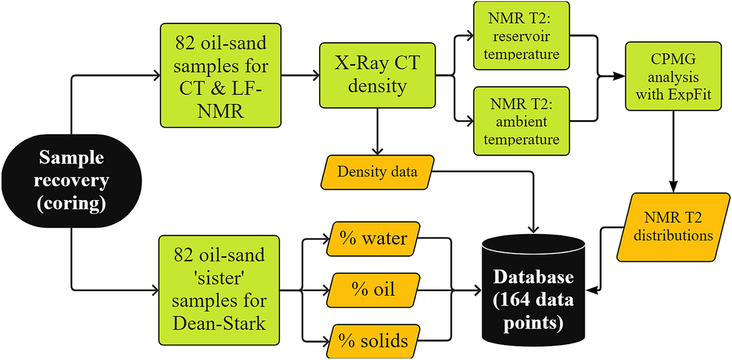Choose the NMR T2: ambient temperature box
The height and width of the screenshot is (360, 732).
pyautogui.click(x=522, y=121)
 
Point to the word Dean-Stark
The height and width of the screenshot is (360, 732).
pyautogui.click(x=221, y=324)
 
